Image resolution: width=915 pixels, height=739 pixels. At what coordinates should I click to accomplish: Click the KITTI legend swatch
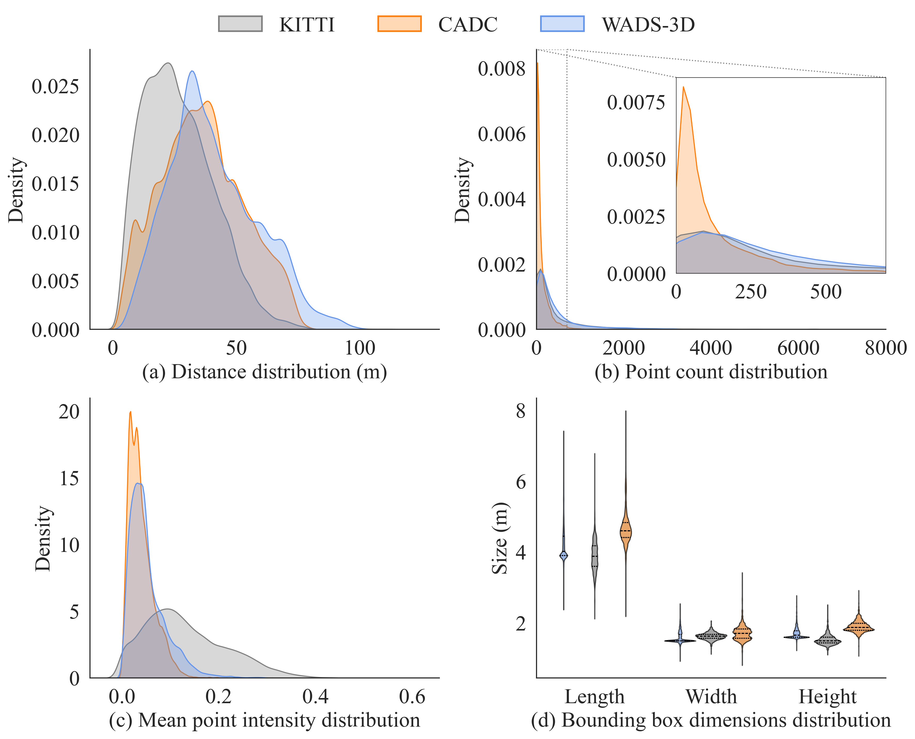(x=240, y=24)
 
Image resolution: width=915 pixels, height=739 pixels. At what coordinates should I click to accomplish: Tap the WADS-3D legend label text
(x=648, y=25)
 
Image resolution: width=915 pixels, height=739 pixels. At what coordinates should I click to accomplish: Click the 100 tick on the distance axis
(x=360, y=348)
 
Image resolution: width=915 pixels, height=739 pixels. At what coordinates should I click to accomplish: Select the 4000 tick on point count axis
(x=711, y=348)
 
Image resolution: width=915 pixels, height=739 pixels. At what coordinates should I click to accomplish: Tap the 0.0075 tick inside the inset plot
(x=636, y=103)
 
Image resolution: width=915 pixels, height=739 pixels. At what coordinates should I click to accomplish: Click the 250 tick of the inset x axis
(x=751, y=292)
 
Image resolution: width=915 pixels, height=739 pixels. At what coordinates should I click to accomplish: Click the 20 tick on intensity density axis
(x=69, y=412)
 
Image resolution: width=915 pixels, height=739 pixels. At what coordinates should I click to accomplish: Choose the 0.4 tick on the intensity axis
(x=315, y=696)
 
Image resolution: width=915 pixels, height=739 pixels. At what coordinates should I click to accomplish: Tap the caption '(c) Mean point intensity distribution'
(x=265, y=720)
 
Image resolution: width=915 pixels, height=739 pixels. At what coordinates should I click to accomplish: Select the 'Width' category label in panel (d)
(x=711, y=696)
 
